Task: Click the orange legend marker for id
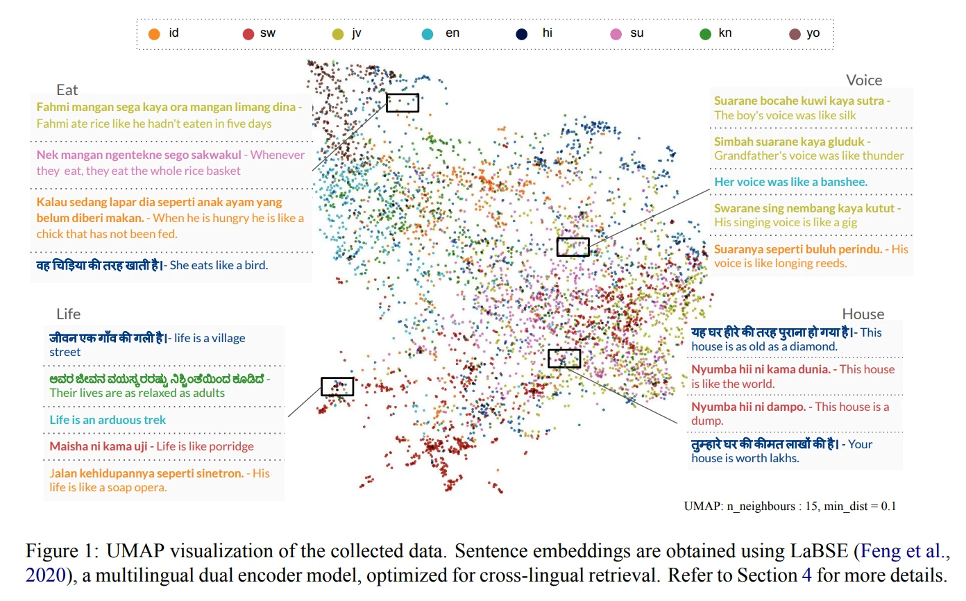tap(155, 33)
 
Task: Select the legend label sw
tap(267, 33)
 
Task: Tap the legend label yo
tap(813, 33)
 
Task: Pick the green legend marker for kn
tap(706, 33)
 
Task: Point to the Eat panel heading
tap(67, 90)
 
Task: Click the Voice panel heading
tap(864, 80)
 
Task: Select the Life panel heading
tap(69, 314)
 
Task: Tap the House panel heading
tap(863, 314)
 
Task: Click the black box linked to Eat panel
tap(402, 103)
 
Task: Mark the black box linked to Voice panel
tap(573, 247)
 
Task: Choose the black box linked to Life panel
tap(337, 387)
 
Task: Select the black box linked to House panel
tap(564, 358)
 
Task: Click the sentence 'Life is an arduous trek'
tap(108, 420)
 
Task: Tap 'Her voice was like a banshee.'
tap(790, 182)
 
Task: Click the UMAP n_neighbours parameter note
tap(790, 506)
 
